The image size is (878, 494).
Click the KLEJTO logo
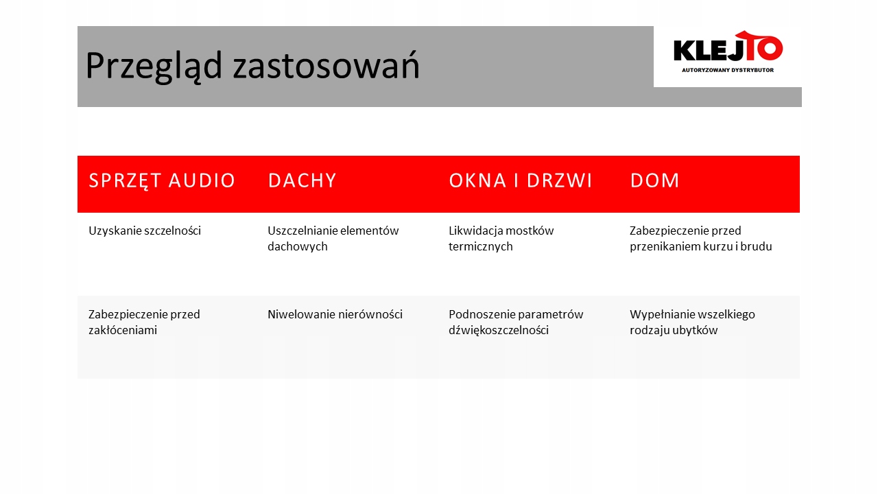click(727, 51)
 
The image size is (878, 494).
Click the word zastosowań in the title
click(326, 67)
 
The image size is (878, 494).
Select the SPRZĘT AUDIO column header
click(162, 180)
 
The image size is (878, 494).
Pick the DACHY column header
click(302, 180)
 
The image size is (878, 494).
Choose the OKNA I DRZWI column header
click(521, 180)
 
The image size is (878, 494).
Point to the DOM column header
click(654, 180)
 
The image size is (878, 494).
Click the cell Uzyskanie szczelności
click(145, 231)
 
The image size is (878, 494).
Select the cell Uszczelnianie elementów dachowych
click(333, 239)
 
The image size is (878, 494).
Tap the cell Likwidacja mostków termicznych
click(501, 239)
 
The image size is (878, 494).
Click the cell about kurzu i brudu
click(700, 239)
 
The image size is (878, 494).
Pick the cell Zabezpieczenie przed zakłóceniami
click(144, 322)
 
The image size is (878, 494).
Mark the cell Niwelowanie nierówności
click(335, 315)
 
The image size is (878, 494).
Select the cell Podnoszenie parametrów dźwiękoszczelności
click(516, 322)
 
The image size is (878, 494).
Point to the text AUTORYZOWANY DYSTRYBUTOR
click(727, 70)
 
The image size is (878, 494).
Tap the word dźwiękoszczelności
click(498, 331)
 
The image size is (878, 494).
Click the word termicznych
click(480, 247)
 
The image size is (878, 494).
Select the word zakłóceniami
click(123, 331)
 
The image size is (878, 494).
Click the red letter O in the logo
click(770, 49)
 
